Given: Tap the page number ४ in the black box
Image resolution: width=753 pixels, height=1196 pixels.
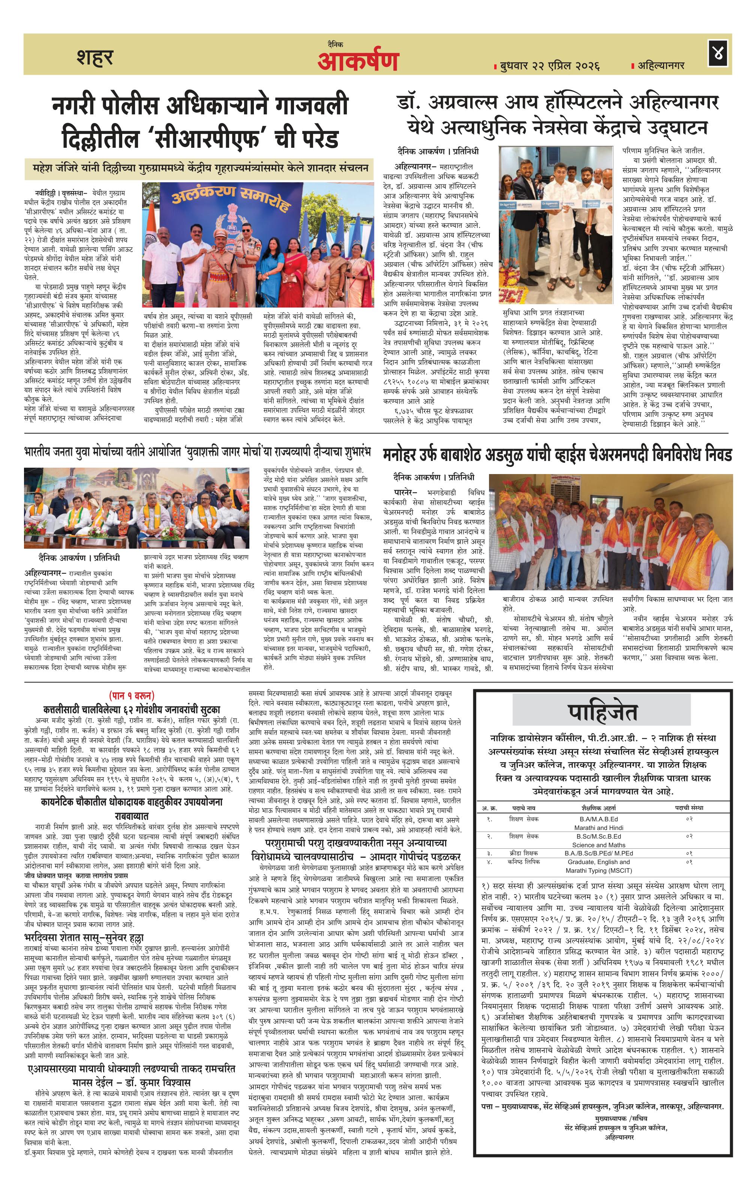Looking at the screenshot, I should coord(717,54).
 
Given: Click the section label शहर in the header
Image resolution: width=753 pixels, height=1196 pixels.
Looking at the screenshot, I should coord(95,58).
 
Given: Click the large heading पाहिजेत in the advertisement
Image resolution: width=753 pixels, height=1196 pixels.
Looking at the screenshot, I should coord(602,713).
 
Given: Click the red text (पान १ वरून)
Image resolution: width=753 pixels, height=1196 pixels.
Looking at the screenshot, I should coord(132,695).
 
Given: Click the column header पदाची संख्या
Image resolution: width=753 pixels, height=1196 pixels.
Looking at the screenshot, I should coord(688,807).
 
